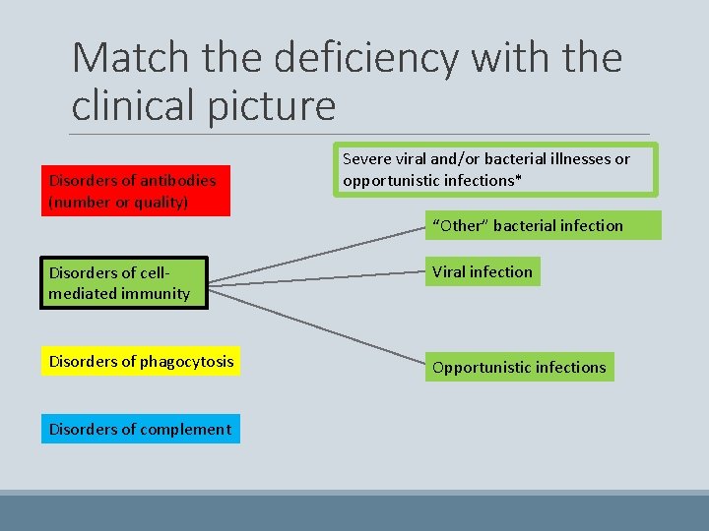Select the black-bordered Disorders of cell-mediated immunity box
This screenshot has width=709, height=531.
[x=123, y=283]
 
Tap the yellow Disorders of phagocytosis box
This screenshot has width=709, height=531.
[x=142, y=362]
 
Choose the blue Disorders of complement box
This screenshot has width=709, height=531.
[x=140, y=429]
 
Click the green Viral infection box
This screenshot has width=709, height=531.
[x=483, y=271]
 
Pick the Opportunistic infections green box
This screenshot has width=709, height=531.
[x=519, y=367]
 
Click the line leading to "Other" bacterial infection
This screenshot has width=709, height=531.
[x=315, y=258]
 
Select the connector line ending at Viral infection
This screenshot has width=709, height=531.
[x=315, y=279]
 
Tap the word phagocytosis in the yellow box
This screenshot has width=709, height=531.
[x=187, y=362]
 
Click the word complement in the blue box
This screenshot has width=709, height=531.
[x=187, y=429]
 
